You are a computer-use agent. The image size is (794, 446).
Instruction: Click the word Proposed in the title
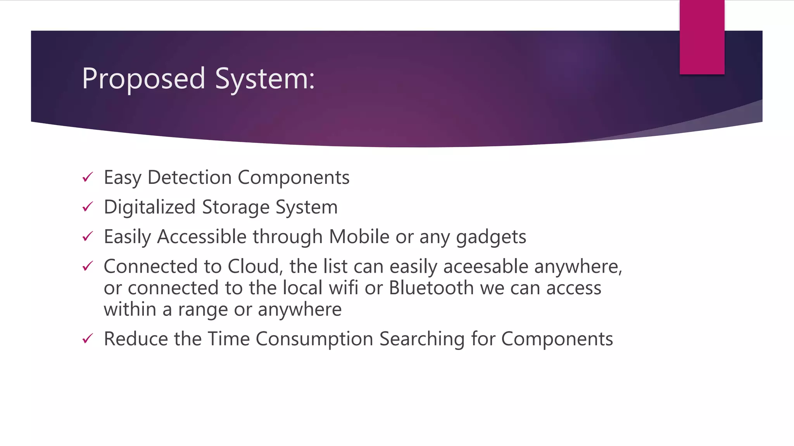pos(143,79)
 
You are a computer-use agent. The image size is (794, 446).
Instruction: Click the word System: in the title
pos(264,79)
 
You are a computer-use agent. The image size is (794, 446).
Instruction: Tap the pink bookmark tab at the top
pos(702,37)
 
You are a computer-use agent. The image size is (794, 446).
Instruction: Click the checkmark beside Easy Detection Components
pos(88,177)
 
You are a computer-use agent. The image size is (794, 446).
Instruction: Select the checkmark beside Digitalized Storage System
pos(88,207)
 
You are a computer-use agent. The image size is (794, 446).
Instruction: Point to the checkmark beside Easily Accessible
pos(88,236)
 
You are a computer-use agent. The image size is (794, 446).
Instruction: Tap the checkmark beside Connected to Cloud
pos(88,266)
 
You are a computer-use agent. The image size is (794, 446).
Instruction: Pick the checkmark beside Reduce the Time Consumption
pos(88,339)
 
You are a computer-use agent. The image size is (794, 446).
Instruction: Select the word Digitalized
pos(150,207)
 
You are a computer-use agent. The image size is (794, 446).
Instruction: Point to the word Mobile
pos(359,237)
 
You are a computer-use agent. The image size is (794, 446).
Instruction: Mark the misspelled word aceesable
pos(485,267)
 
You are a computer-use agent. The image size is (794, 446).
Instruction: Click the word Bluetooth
pos(431,288)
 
